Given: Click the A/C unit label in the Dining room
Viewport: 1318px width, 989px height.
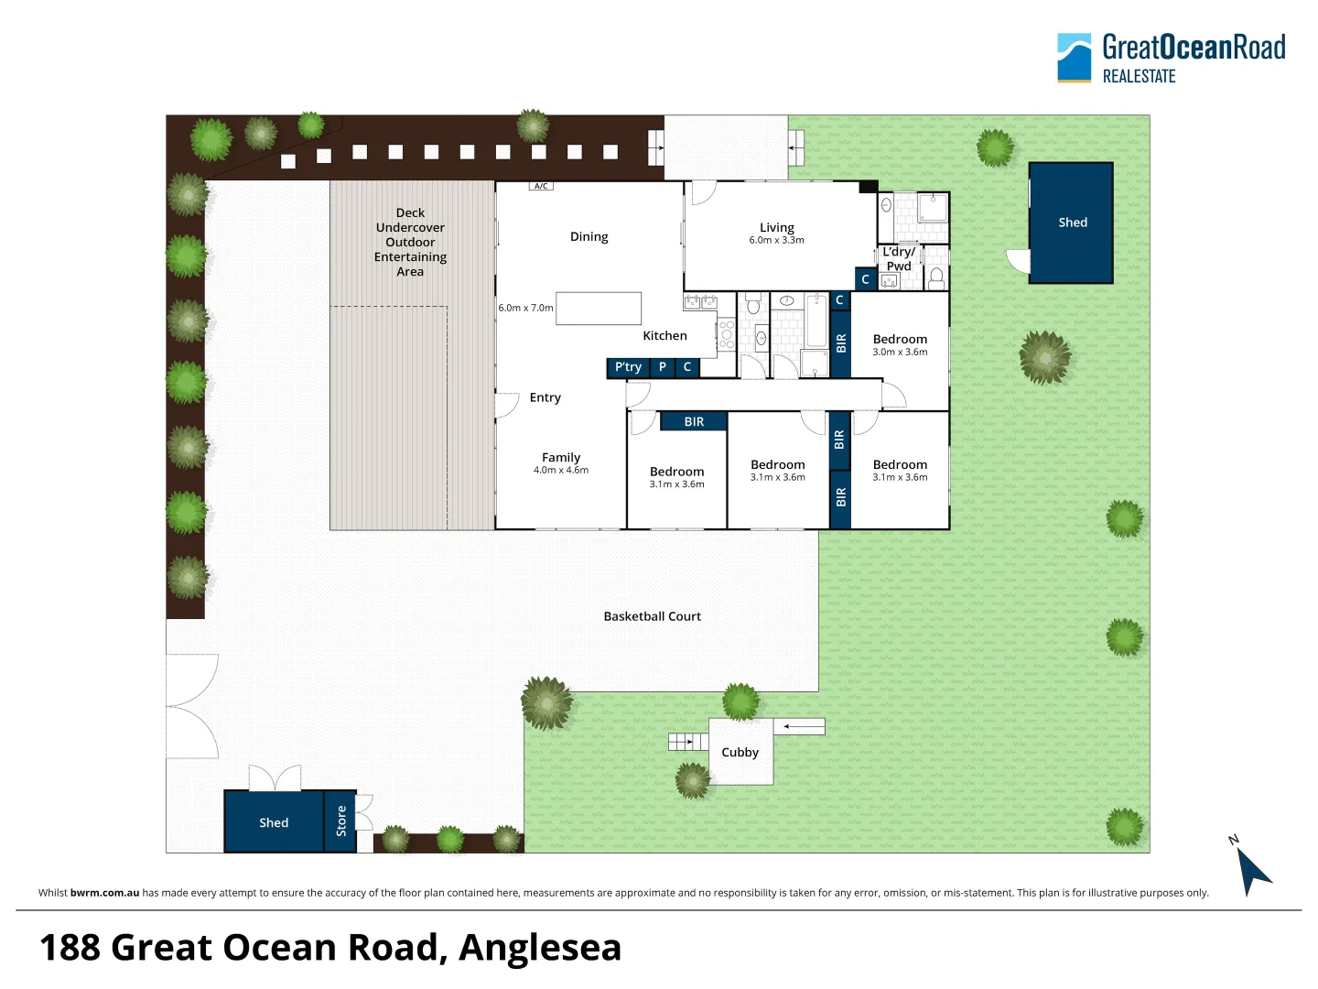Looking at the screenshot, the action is point(541,186).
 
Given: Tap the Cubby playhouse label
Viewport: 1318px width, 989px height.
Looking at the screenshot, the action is point(740,753).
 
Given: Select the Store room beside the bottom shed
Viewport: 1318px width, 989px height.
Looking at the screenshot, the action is point(340,821).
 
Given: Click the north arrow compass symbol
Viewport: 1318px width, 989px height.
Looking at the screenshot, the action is point(1252,869).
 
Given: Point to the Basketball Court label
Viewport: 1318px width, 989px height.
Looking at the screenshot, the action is point(652,616).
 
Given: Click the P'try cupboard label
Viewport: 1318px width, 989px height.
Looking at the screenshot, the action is point(628,367).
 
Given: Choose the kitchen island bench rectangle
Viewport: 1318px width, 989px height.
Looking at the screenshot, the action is point(598,309).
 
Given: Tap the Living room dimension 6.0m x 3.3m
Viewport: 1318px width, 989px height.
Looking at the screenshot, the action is point(776,240).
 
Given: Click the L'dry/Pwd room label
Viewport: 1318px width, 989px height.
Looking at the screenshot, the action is point(898,259).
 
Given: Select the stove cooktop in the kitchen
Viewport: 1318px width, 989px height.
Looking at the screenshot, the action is point(727,334).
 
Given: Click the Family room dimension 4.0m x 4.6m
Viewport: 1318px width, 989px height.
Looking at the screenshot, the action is point(561,470).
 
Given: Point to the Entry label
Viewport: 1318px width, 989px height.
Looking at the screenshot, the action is point(546,397).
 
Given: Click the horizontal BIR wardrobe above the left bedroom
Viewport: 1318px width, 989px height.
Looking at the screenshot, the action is point(694,421).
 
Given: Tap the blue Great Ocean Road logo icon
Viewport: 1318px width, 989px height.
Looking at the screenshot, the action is point(1075,58).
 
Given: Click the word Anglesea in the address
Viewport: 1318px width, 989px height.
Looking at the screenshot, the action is point(540,948).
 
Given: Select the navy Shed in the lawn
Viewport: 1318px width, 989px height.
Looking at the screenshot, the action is point(1071,223).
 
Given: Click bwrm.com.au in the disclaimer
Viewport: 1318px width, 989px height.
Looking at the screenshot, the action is point(104,893).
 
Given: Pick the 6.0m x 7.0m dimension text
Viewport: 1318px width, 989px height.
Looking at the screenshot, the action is point(525,308).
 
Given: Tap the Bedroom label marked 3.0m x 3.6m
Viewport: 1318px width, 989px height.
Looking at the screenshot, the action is point(900,339).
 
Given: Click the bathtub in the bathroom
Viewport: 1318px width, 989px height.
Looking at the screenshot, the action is point(816,321).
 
